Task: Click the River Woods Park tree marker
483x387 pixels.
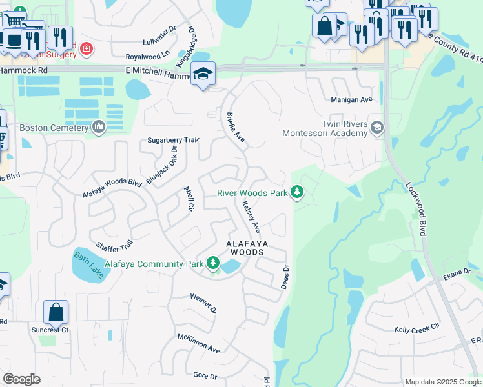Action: tap(297, 192)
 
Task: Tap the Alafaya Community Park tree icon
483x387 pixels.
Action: tap(213, 263)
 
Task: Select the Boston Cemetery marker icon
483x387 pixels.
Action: tap(98, 128)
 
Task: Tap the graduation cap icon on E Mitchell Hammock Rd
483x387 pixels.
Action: tap(203, 74)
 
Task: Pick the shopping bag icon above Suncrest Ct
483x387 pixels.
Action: tap(56, 312)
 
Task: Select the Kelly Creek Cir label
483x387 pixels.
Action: tap(416, 330)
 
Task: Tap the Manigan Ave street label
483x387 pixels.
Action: tap(352, 100)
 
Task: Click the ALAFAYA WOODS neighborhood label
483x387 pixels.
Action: tap(245, 248)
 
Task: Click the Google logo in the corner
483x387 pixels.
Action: tap(22, 379)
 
